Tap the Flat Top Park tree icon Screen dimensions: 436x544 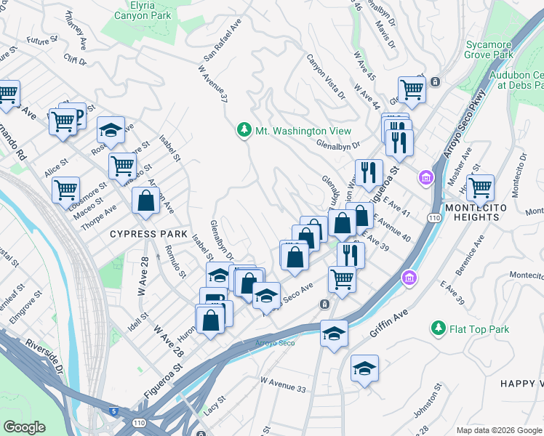438,329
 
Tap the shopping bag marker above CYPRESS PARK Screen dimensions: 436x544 145,200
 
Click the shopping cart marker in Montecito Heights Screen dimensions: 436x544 480,187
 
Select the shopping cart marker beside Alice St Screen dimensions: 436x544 65,190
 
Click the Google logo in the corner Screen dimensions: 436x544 24,427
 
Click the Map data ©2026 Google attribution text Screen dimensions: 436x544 498,430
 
